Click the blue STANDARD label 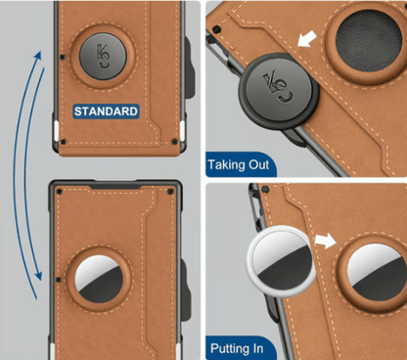[107, 112]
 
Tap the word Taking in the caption [226, 164]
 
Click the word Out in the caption [259, 164]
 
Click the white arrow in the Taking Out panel [307, 38]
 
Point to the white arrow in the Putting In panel [325, 241]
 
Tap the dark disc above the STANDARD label [103, 56]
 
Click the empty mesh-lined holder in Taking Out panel [369, 40]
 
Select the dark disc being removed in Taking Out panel [279, 91]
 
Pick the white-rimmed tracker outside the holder [281, 261]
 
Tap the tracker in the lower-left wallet [99, 279]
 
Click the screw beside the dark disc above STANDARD [63, 58]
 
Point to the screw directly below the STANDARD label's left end [64, 142]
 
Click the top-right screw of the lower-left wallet [170, 192]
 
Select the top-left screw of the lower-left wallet [59, 191]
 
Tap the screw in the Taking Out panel [216, 29]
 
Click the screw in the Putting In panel [266, 189]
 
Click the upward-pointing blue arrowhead [38, 56]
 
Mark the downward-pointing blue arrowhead [38, 275]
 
